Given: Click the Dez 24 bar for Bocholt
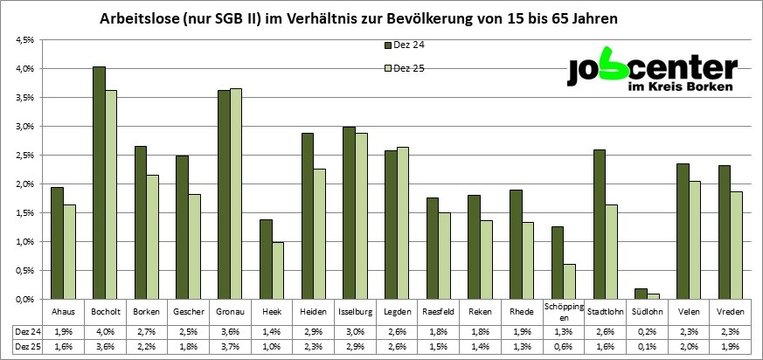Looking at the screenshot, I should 99,183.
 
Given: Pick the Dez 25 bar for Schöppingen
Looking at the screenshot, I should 569,281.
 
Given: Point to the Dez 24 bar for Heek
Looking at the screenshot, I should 266,259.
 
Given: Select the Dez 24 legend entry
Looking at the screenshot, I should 410,44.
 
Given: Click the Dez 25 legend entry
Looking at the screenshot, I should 410,68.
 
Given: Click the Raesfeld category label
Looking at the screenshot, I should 438,312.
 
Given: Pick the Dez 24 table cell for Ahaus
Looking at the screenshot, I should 64,331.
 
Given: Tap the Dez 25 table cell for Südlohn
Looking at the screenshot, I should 645,347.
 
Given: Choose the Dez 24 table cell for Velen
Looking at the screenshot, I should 687,331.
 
